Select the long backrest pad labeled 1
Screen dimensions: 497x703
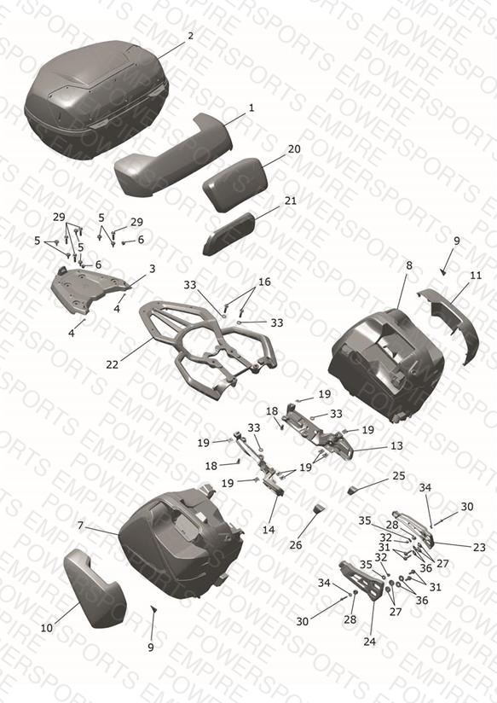[x=174, y=155]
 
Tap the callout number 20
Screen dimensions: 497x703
[x=294, y=148]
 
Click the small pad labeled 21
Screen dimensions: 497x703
[x=229, y=234]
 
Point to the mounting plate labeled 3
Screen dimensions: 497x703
[x=89, y=289]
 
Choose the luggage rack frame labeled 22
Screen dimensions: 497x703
[x=207, y=347]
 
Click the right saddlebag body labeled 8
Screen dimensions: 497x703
[x=387, y=364]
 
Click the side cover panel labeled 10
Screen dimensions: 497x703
[x=95, y=588]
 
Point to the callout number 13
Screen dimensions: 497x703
[x=396, y=445]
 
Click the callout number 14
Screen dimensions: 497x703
[x=269, y=530]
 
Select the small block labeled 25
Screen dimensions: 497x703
[x=353, y=491]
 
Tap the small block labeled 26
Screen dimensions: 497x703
[x=319, y=508]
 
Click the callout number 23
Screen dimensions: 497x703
[x=479, y=547]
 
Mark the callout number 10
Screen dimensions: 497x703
[x=47, y=628]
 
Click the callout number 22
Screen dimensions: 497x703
[x=112, y=364]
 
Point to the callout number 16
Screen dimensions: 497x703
[x=264, y=282]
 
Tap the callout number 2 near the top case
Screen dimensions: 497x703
[x=190, y=36]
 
